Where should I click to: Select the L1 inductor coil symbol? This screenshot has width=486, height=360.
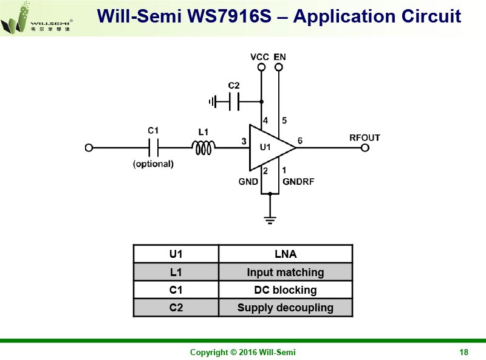click(204, 148)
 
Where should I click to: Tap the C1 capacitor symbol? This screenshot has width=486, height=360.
click(154, 148)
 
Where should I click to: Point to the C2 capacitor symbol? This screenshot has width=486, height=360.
click(234, 102)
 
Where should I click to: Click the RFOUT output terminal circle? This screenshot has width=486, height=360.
click(365, 148)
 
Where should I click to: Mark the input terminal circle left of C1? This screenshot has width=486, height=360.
click(89, 148)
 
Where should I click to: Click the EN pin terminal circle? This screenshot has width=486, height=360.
click(279, 67)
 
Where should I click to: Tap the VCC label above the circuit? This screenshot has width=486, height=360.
click(259, 57)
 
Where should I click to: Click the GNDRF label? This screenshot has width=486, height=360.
click(298, 181)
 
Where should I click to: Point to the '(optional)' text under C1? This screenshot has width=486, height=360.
click(153, 164)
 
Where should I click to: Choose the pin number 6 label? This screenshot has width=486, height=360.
click(299, 141)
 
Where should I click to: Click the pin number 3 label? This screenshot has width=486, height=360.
click(244, 141)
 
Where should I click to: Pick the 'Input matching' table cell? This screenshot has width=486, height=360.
click(285, 272)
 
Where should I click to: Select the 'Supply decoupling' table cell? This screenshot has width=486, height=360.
click(285, 307)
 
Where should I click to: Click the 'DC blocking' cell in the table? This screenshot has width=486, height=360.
click(285, 289)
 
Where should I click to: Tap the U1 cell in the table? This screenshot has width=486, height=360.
click(176, 254)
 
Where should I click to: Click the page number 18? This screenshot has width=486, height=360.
click(464, 352)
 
